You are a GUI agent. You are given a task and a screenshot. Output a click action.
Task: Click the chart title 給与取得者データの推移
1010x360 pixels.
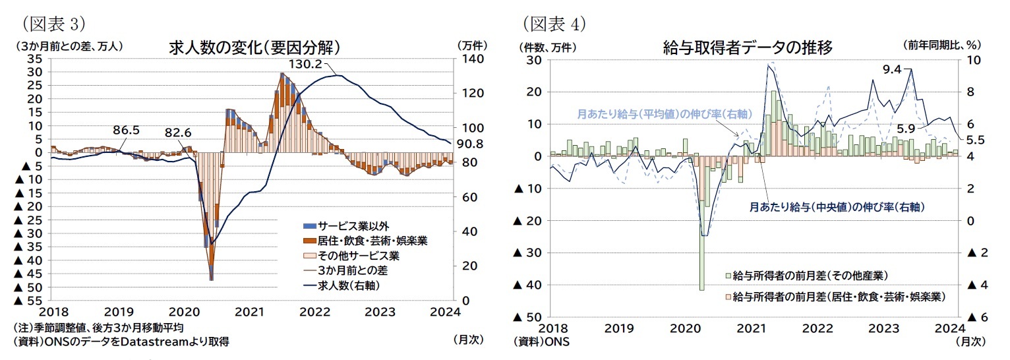click(x=748, y=47)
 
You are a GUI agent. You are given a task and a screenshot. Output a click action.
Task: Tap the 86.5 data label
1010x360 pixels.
click(x=125, y=130)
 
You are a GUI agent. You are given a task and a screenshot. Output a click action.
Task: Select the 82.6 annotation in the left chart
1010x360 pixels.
click(x=177, y=133)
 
